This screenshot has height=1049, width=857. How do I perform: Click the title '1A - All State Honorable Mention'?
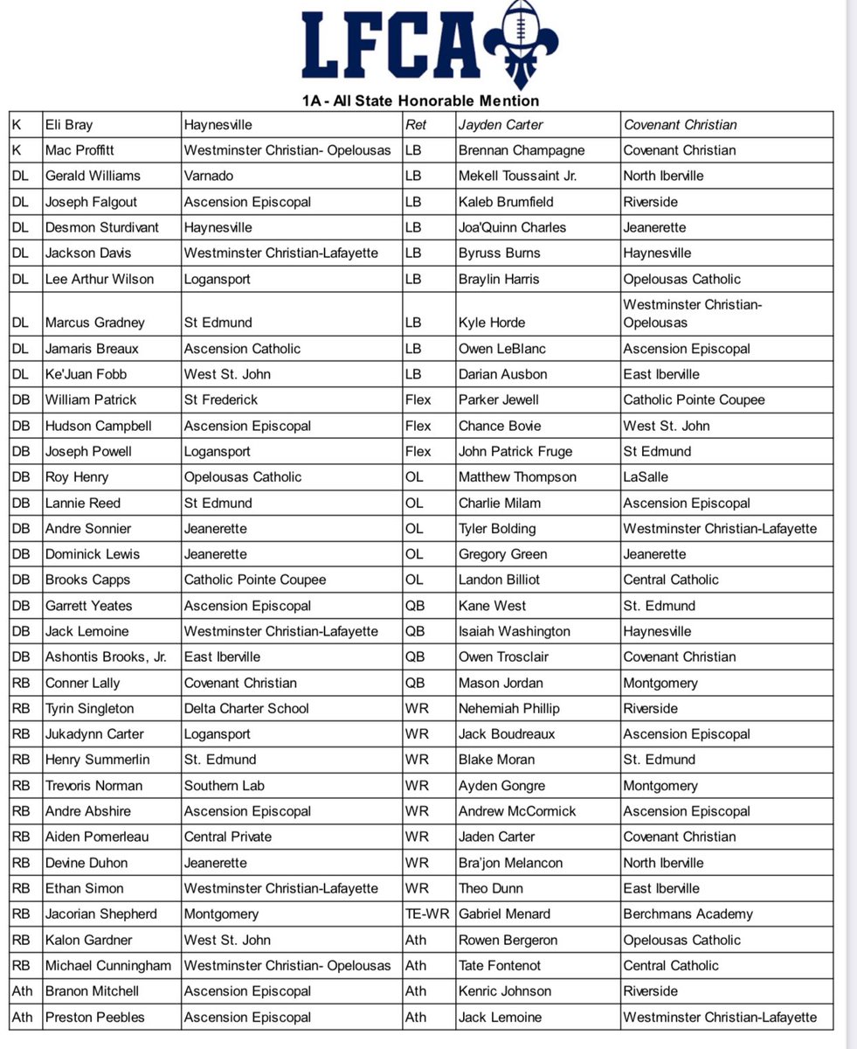(x=421, y=101)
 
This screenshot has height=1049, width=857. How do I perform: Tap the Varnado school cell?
(x=210, y=176)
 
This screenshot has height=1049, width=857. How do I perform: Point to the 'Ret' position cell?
(x=417, y=125)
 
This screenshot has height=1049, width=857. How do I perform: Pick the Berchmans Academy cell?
(x=688, y=914)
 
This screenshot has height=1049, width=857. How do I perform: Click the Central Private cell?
(x=227, y=837)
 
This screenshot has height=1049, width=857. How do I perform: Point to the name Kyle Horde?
(x=492, y=323)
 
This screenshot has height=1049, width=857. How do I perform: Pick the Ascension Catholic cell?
(x=242, y=349)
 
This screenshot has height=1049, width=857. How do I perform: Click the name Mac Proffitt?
(x=80, y=150)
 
